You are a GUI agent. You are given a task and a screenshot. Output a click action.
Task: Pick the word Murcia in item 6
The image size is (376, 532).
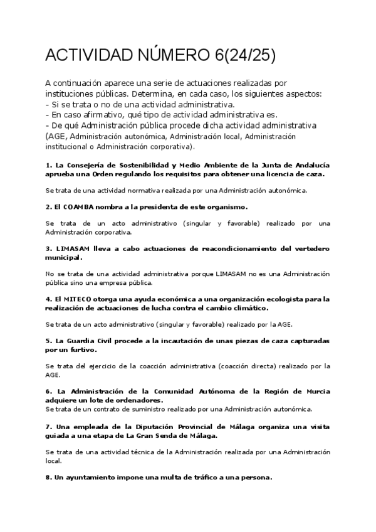click(316, 391)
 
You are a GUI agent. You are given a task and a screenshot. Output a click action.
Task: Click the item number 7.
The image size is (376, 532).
click(48, 427)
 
